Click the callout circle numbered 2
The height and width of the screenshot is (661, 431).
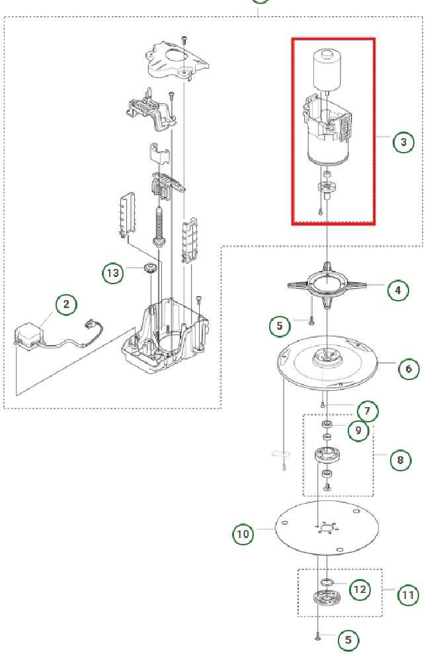click(66, 305)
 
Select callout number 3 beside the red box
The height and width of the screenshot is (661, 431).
click(403, 142)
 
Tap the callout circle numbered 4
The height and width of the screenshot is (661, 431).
click(397, 289)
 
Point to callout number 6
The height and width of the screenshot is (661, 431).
click(409, 368)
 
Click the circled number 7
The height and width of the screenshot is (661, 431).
click(368, 412)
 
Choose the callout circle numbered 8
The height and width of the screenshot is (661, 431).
click(400, 458)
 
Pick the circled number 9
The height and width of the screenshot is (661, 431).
click(358, 430)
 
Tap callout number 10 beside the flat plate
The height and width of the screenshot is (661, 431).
click(243, 533)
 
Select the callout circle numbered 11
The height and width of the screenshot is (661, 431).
click(408, 595)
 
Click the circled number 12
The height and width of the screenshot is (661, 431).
click(360, 589)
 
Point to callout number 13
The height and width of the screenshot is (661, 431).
click(113, 272)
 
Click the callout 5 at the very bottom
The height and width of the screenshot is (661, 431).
click(348, 640)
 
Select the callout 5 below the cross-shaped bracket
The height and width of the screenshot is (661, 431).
click(280, 325)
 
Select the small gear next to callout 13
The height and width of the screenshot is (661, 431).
click(149, 269)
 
